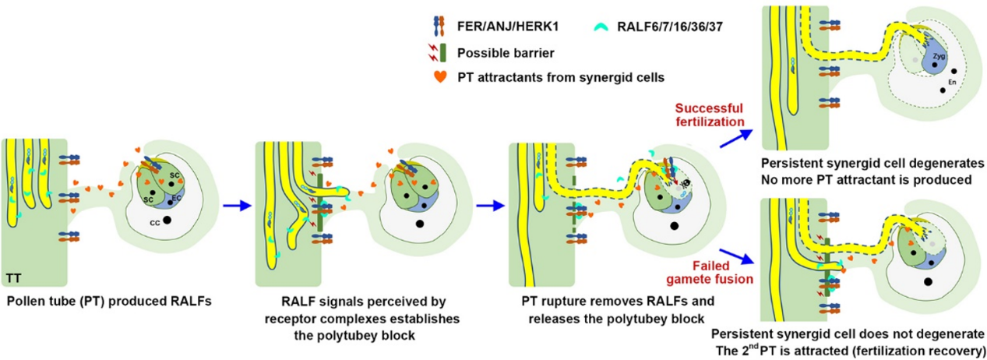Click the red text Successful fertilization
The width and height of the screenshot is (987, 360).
click(708, 115)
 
